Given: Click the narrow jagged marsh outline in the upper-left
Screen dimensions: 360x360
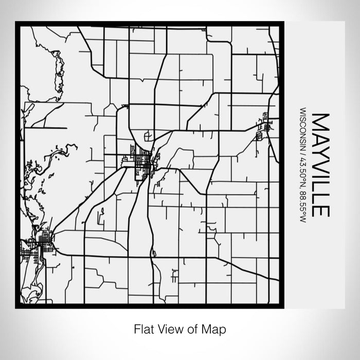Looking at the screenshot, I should pyautogui.click(x=58, y=69).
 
